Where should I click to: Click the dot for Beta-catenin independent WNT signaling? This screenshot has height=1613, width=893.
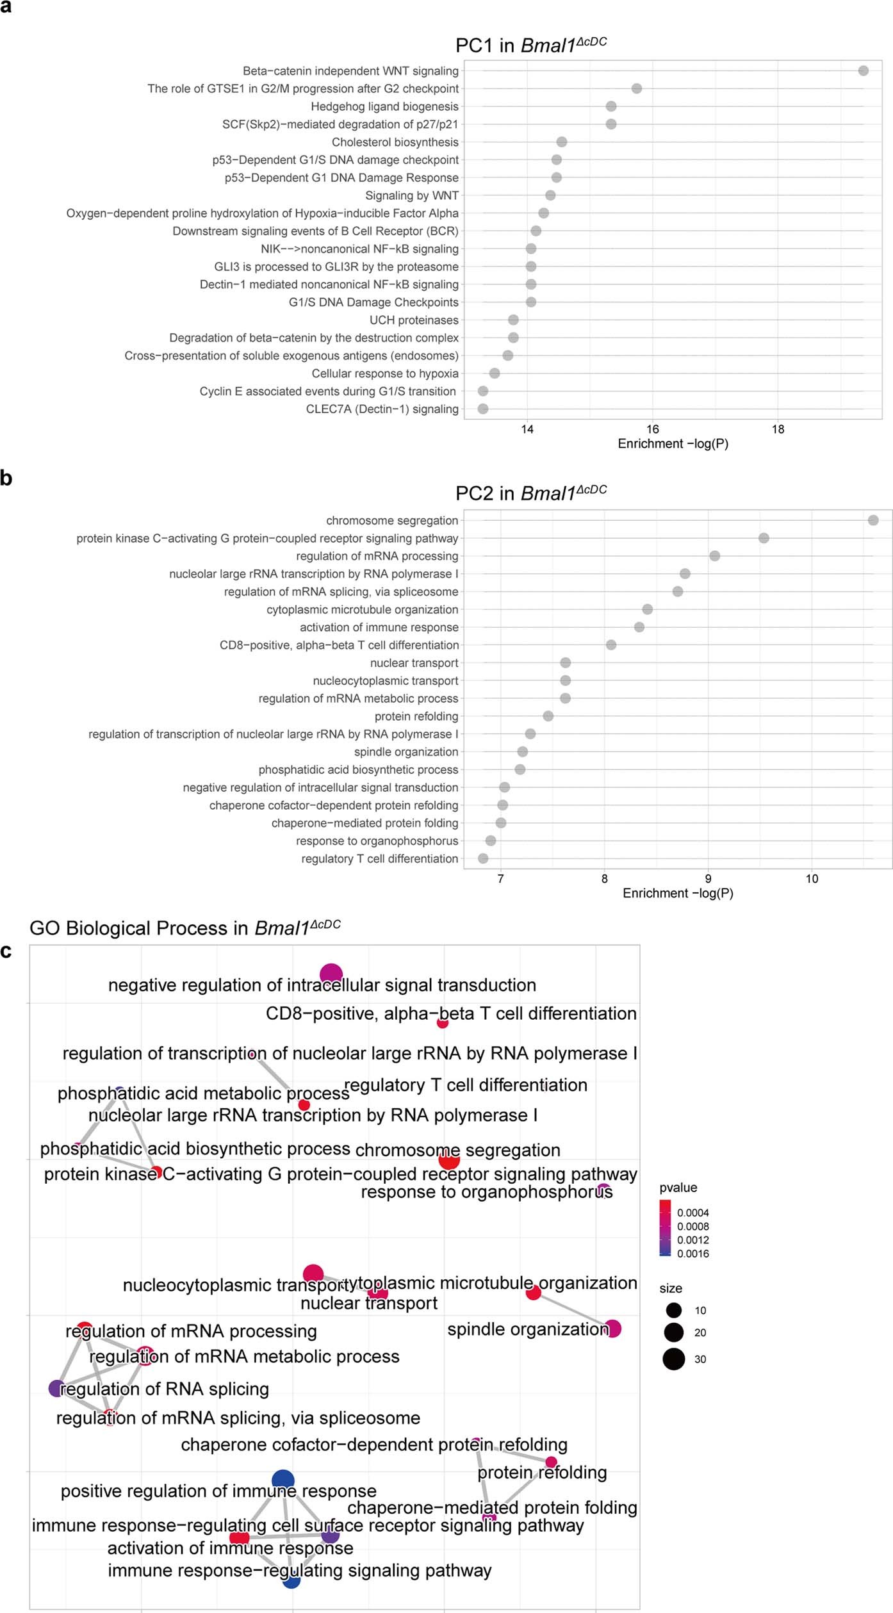(x=863, y=70)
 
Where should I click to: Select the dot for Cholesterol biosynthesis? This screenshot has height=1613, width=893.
(x=561, y=142)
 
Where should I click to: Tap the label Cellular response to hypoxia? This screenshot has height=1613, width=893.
(x=384, y=373)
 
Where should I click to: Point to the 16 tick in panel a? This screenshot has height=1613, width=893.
(x=652, y=429)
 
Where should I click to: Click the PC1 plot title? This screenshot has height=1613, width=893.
(x=530, y=45)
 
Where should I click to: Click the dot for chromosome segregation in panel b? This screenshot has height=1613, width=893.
(x=873, y=520)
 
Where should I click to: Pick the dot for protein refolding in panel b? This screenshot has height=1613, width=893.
(x=548, y=716)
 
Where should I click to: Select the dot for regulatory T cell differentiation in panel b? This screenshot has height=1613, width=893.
(x=483, y=858)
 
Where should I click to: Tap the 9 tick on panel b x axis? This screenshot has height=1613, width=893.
(x=708, y=879)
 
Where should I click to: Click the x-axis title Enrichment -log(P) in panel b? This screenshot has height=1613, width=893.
(x=678, y=893)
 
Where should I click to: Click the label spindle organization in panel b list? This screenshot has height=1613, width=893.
(x=406, y=752)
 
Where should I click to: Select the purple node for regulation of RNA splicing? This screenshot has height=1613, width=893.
(x=57, y=1389)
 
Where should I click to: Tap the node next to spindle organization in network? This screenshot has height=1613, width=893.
(x=612, y=1329)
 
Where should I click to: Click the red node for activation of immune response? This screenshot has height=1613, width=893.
(x=240, y=1537)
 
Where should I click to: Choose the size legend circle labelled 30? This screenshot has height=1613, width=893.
(x=673, y=1359)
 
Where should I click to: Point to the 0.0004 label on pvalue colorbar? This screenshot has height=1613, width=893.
(x=692, y=1213)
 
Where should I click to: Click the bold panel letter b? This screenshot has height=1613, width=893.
(x=6, y=478)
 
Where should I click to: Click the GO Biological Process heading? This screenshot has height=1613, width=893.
(x=184, y=928)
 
